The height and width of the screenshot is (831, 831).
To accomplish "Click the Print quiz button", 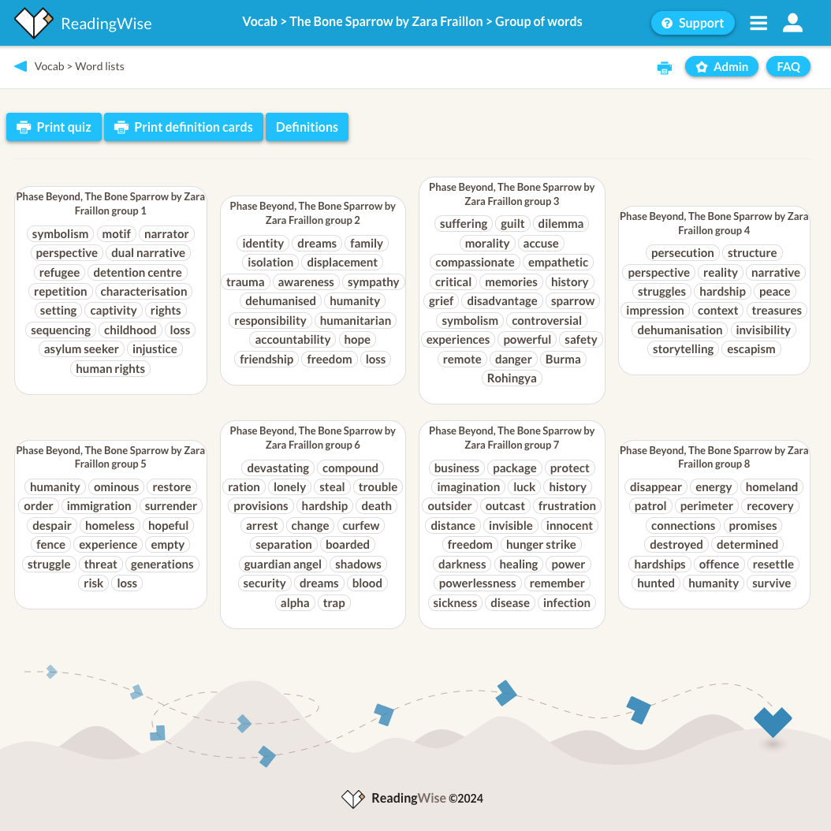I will coord(54,127).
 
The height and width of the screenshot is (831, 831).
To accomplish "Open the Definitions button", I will coord(307,127).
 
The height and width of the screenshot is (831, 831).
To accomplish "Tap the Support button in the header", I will coord(692,23).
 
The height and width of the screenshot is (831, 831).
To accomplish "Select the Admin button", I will coord(721,67).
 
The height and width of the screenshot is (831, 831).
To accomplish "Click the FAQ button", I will coord(788,67).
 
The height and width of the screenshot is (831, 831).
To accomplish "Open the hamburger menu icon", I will coord(758,23).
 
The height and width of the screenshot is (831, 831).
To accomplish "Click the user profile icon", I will coord(792,23).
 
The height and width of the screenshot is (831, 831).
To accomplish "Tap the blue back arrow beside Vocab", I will coord(20,66).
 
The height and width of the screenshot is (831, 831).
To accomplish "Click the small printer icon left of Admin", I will coord(664,68).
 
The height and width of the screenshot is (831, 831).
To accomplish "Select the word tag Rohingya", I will coord(512,378).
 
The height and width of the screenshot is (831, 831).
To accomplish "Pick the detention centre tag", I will coord(137,273).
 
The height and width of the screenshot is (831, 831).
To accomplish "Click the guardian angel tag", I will coord(283,565).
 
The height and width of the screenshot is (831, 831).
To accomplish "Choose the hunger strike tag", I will coord(541,545).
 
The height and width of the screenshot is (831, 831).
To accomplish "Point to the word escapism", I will coord(751,349).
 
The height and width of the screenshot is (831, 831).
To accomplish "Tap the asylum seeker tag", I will coord(81,349).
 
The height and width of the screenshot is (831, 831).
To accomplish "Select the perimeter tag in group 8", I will coord(706,506).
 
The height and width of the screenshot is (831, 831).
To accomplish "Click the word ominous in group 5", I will coord(116,487).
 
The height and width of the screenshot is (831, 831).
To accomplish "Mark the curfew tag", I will coord(360,526).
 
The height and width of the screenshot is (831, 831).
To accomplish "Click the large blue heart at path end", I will coord(772,721).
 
